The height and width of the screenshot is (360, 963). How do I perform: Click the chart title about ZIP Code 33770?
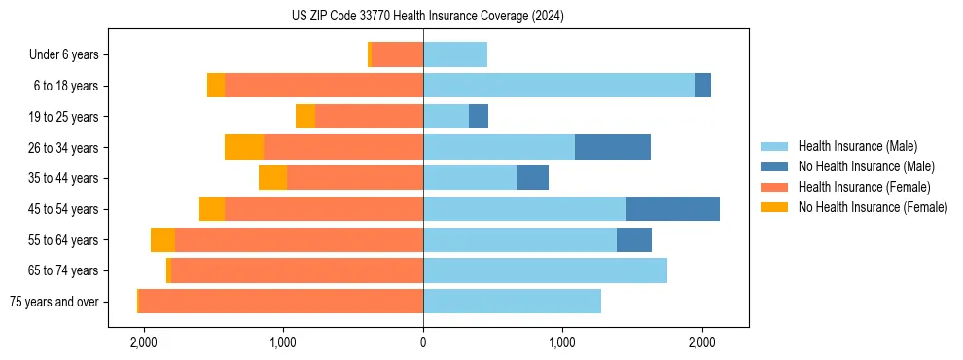427,17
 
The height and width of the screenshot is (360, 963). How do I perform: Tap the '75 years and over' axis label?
53,302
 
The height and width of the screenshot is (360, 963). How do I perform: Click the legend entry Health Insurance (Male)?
857,146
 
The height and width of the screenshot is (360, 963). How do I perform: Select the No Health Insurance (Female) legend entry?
873,207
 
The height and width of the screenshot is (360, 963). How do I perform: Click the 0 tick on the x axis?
423,343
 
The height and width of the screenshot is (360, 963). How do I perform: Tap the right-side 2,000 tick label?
702,343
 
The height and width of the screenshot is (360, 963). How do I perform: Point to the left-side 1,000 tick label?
283,343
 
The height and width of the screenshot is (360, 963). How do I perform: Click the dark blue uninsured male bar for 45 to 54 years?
673,209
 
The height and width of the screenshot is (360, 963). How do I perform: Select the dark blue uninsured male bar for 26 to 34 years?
613,148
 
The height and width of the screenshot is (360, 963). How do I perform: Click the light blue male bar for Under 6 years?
455,55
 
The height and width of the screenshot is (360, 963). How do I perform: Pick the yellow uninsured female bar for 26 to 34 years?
244,148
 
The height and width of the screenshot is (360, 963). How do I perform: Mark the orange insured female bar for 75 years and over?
281,302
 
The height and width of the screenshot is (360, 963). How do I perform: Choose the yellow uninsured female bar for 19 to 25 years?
305,117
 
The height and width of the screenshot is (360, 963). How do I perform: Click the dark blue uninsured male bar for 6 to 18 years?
703,86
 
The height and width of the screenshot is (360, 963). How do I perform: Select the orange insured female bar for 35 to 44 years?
355,178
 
